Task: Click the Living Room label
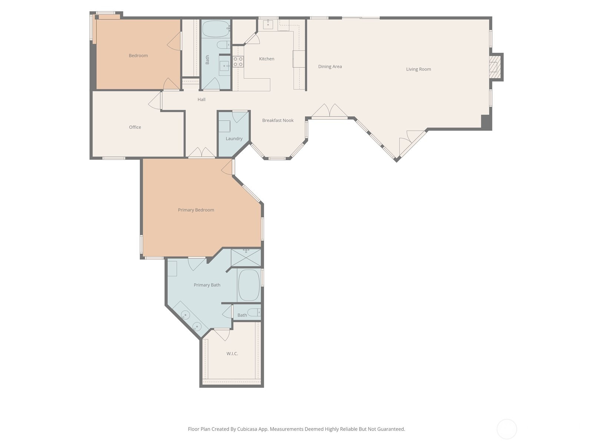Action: coord(418,69)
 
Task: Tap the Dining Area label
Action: coord(330,67)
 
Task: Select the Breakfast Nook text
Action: coord(278,121)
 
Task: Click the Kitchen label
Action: coord(266,59)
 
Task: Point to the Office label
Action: coord(135,127)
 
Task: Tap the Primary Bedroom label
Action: coord(196,210)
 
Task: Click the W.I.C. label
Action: coord(232,353)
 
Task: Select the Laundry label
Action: coord(234,138)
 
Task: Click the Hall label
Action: coord(201,100)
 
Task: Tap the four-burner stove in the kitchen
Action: coord(238,61)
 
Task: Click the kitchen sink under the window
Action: coord(268,24)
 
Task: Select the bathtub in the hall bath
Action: coord(216,29)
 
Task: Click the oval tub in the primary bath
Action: coord(249,285)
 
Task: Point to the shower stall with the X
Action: coord(246,258)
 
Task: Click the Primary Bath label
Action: coord(207,285)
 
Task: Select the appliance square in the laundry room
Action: coord(224,126)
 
